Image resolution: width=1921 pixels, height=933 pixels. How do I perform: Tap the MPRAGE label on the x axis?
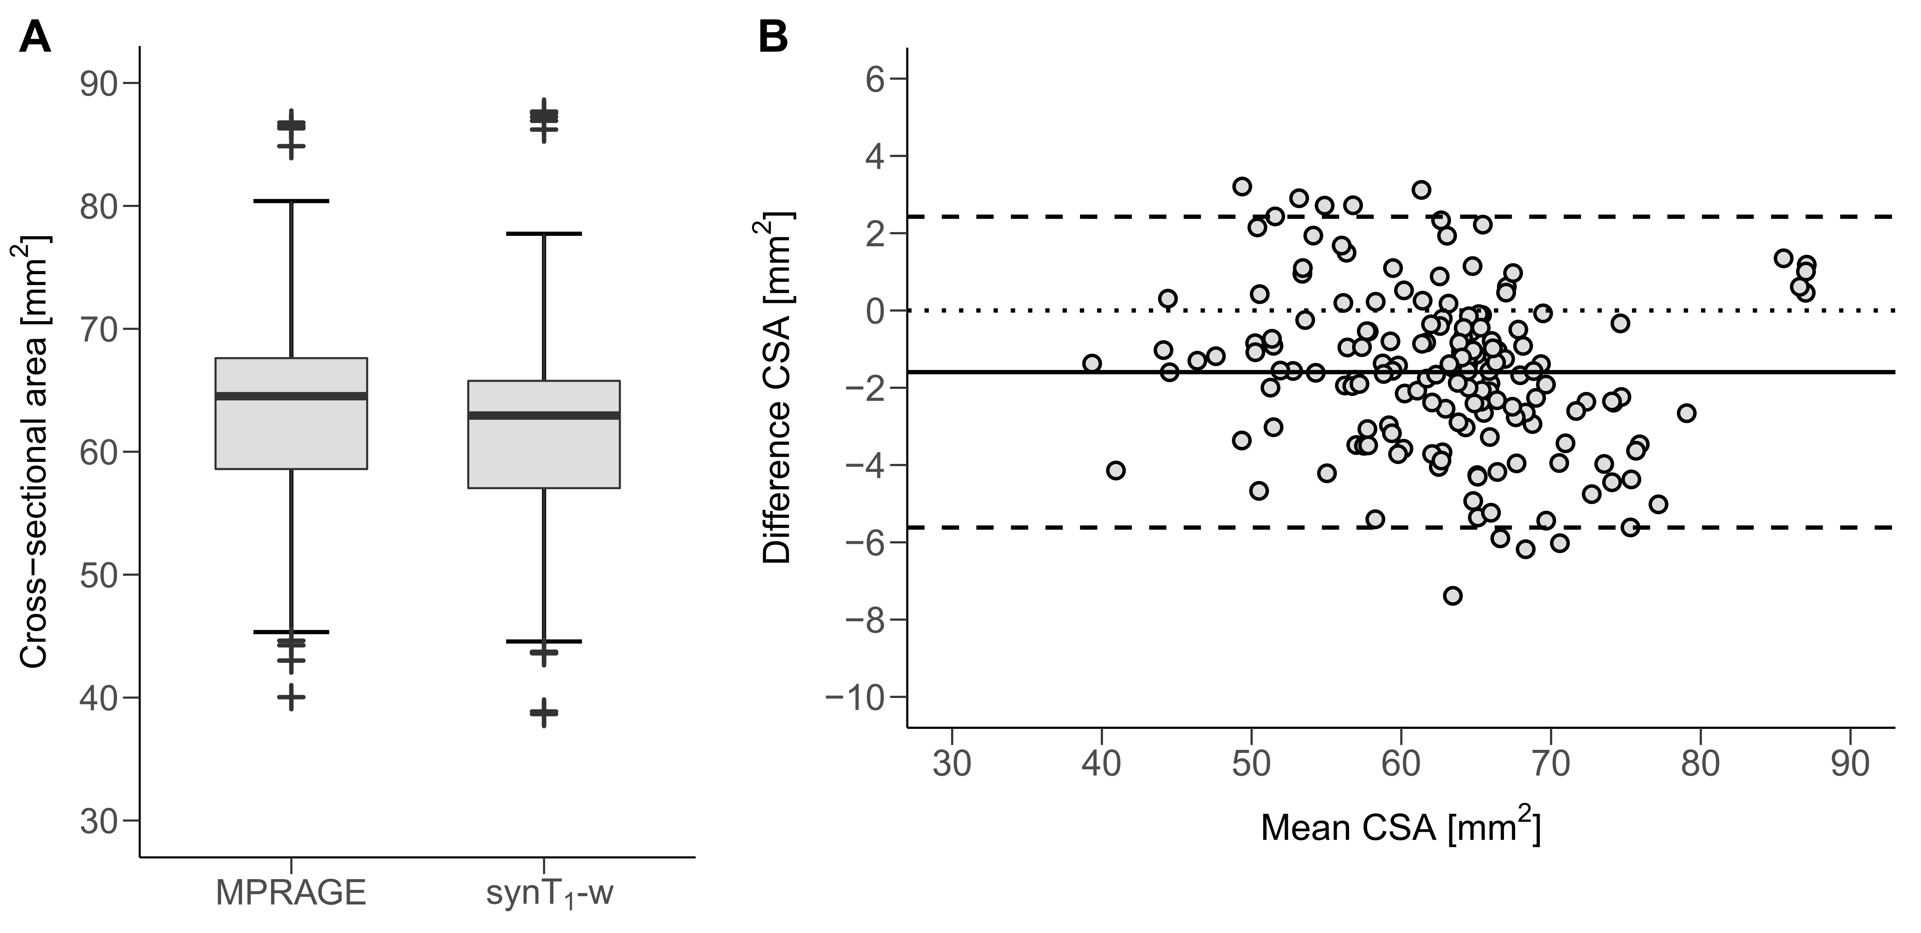(x=291, y=893)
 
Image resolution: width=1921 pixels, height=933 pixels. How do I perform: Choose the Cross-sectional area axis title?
(x=34, y=451)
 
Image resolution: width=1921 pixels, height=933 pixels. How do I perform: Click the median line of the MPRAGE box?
(x=291, y=396)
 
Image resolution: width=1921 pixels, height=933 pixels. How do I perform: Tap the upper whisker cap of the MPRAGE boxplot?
(x=291, y=201)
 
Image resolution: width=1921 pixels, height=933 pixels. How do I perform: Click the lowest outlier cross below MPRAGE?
(x=291, y=697)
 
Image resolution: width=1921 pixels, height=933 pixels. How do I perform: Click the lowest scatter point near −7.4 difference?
(x=1453, y=595)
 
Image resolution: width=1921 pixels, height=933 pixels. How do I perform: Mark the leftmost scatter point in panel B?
(x=1092, y=363)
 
